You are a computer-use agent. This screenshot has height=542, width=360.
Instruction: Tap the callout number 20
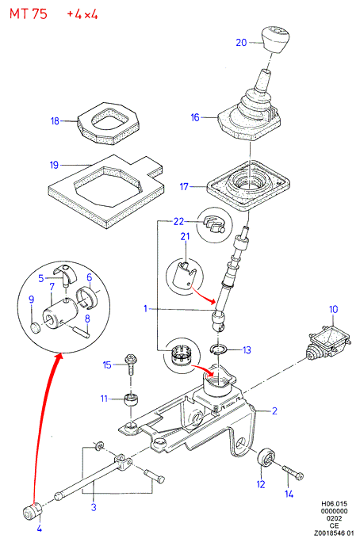click(241, 43)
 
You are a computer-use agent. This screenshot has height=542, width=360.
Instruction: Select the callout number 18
click(55, 121)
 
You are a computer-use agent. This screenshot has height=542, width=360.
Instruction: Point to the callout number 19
click(54, 165)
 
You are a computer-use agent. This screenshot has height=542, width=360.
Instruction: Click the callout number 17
click(184, 187)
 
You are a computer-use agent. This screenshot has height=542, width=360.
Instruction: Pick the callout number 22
click(178, 221)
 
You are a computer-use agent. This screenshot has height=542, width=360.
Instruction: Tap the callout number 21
click(186, 236)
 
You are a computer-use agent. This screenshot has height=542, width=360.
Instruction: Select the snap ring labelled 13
click(219, 349)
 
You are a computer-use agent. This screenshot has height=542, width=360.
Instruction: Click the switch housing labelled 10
click(327, 342)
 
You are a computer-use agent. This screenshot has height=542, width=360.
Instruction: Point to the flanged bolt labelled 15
click(131, 365)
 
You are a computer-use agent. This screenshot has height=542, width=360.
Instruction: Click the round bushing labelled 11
click(131, 400)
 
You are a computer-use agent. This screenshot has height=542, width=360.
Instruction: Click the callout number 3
click(94, 507)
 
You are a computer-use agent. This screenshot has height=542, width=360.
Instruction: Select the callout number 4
click(40, 529)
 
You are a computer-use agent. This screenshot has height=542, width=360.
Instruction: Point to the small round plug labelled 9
click(35, 327)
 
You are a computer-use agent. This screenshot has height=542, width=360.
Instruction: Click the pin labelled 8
click(82, 330)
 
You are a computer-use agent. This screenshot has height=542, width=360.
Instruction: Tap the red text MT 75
click(28, 14)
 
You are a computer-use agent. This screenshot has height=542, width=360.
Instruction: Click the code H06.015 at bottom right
click(334, 504)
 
